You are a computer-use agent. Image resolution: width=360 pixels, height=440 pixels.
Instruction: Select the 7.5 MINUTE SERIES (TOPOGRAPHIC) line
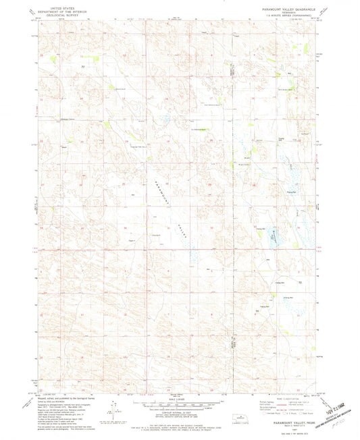tap(288, 13)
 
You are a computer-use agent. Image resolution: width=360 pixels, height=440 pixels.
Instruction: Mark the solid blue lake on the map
tap(274, 234)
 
